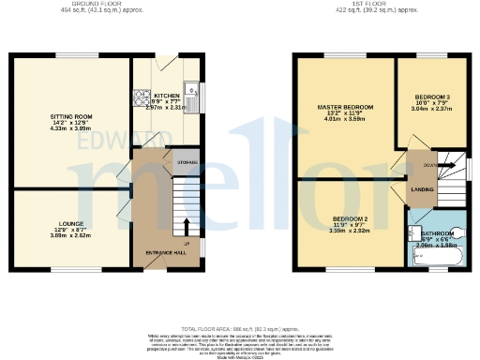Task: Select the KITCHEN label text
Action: coord(167,96)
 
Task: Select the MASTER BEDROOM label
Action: coord(344,108)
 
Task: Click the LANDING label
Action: coord(423,190)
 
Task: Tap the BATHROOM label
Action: coord(437,234)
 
